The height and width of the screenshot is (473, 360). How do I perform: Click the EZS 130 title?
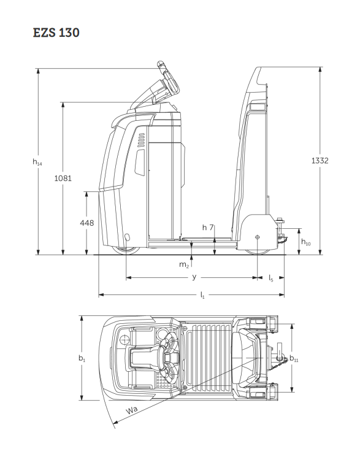click(56, 33)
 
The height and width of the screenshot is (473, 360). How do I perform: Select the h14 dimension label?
click(37, 163)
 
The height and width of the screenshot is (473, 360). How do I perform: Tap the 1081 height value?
click(63, 179)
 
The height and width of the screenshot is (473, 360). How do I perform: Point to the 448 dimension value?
click(87, 223)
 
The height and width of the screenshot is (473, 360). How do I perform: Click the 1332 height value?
click(320, 161)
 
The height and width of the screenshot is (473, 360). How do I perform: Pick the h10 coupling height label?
click(306, 242)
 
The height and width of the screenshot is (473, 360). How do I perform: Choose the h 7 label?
click(208, 228)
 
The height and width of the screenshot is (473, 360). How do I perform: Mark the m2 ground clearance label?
click(184, 265)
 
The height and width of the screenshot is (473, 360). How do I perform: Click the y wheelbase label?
click(194, 277)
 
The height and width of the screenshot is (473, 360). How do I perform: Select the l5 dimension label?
click(270, 278)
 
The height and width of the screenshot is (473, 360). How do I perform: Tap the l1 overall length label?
click(202, 295)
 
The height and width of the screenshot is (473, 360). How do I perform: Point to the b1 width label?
click(82, 358)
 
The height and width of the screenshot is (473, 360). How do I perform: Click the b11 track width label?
click(294, 358)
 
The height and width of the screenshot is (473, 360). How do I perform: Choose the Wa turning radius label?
click(132, 410)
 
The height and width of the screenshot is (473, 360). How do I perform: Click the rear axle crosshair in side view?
click(257, 237)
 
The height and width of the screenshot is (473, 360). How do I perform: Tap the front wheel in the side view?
click(126, 250)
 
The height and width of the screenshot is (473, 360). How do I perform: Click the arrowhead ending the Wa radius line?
click(115, 423)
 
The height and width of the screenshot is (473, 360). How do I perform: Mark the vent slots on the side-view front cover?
click(142, 140)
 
